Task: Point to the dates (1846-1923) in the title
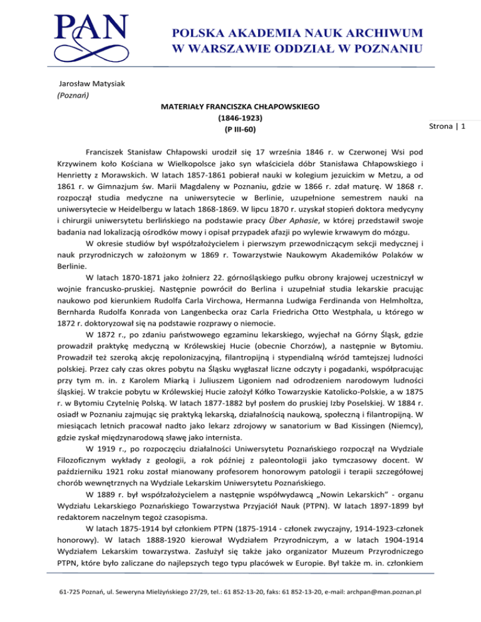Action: [x=240, y=118]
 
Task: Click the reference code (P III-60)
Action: [x=240, y=130]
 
